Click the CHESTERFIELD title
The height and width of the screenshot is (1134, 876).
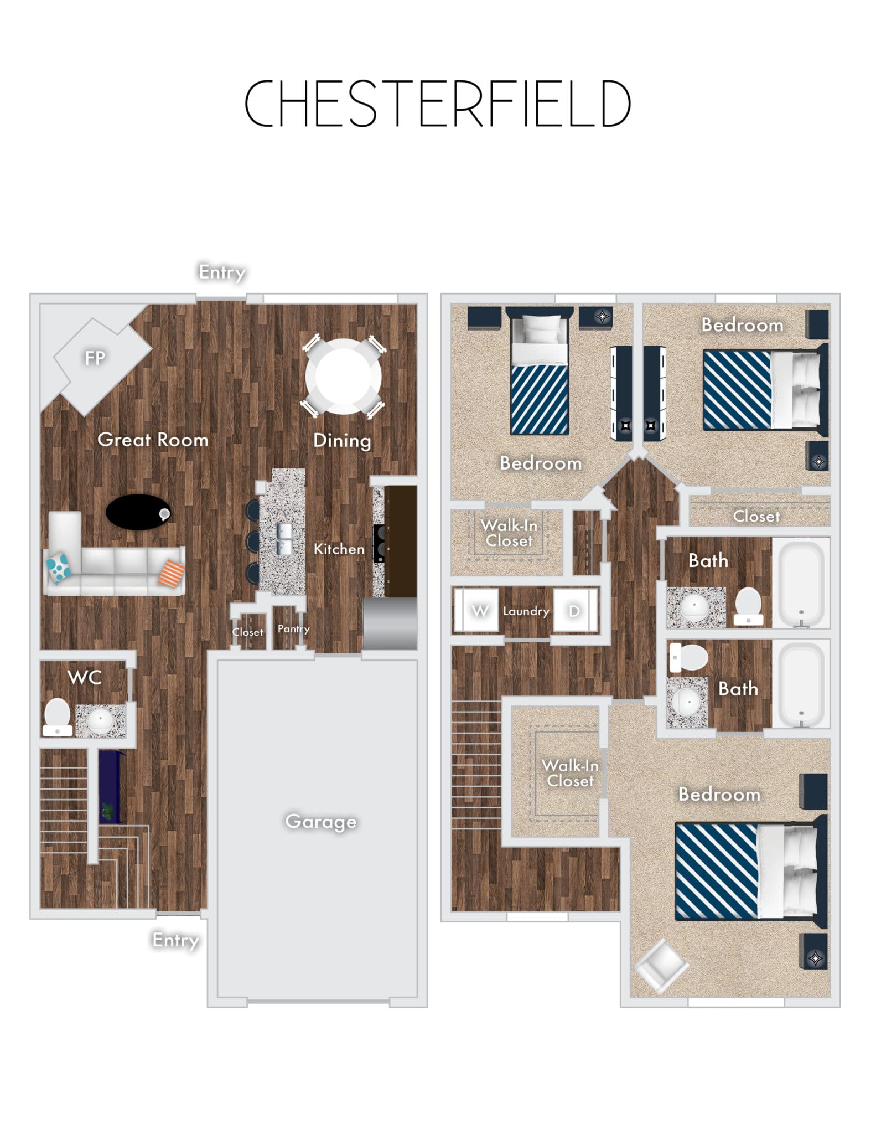tap(437, 104)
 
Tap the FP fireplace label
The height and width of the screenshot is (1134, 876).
tap(95, 358)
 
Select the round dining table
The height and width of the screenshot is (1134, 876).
tap(344, 377)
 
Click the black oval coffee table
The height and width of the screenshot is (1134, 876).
tap(138, 512)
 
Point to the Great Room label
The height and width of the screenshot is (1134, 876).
tap(153, 440)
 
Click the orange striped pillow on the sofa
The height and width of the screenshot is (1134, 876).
tap(172, 573)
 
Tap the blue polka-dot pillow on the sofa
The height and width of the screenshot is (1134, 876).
tap(58, 568)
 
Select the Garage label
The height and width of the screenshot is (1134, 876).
tap(321, 822)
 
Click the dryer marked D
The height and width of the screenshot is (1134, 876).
tap(576, 610)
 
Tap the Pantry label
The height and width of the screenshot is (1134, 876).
tap(293, 629)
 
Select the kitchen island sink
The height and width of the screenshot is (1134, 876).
tap(284, 539)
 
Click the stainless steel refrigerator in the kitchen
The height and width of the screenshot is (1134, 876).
tap(390, 623)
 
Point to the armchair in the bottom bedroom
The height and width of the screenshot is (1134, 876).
tap(662, 966)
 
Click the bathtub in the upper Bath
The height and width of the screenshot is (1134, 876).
tap(801, 583)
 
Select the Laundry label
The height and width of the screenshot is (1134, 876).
tap(526, 611)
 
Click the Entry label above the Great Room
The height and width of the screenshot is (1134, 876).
tap(222, 272)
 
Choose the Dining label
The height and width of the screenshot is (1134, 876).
tap(342, 441)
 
